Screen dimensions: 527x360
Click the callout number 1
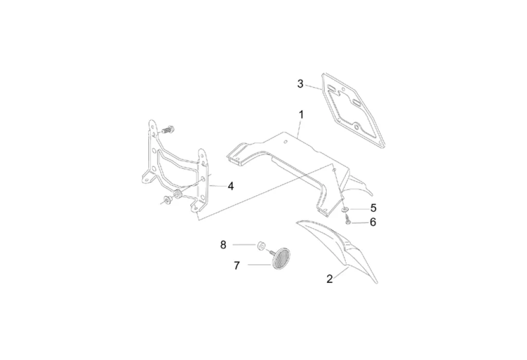[301, 114]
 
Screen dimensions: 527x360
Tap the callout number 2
[329, 279]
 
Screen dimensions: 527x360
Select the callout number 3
[301, 84]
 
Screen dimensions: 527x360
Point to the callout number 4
[231, 186]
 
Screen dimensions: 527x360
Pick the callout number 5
[373, 208]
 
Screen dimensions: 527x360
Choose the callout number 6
[373, 222]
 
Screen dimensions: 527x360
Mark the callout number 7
[237, 265]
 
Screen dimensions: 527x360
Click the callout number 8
[223, 245]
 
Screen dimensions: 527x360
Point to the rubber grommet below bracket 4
[178, 194]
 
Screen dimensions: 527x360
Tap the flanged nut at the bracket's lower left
[168, 200]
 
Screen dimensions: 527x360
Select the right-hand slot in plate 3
[355, 104]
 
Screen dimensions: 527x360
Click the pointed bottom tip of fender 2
[378, 282]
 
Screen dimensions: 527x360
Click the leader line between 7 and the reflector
[259, 265]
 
